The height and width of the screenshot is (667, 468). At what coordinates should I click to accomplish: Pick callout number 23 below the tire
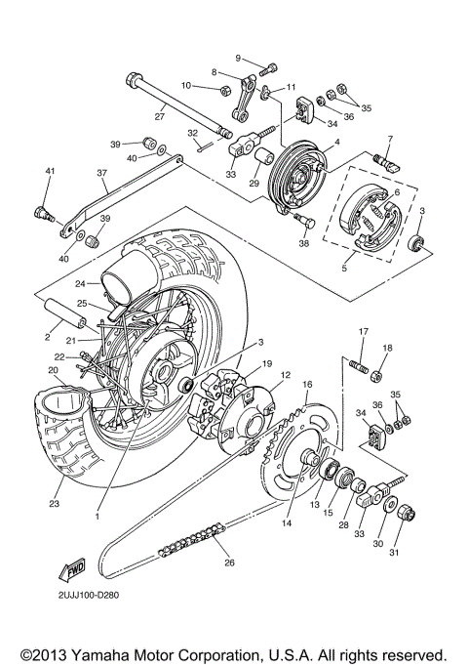[x=54, y=505]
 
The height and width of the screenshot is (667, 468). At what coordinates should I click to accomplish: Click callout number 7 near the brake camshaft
[x=389, y=140]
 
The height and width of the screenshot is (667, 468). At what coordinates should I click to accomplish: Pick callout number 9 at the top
[x=237, y=59]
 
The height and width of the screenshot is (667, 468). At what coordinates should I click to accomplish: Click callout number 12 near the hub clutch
[x=286, y=375]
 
